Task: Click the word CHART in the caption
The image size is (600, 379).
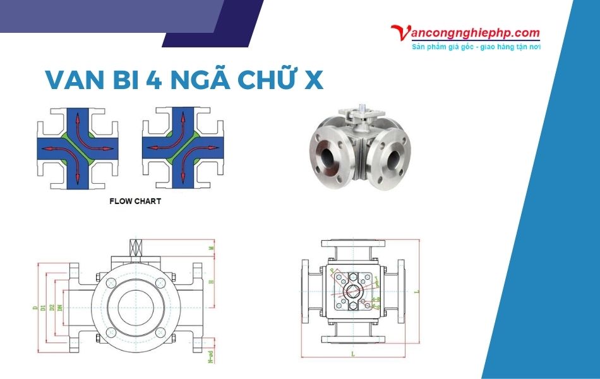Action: point(147,202)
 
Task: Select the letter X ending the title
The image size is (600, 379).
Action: point(313,80)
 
